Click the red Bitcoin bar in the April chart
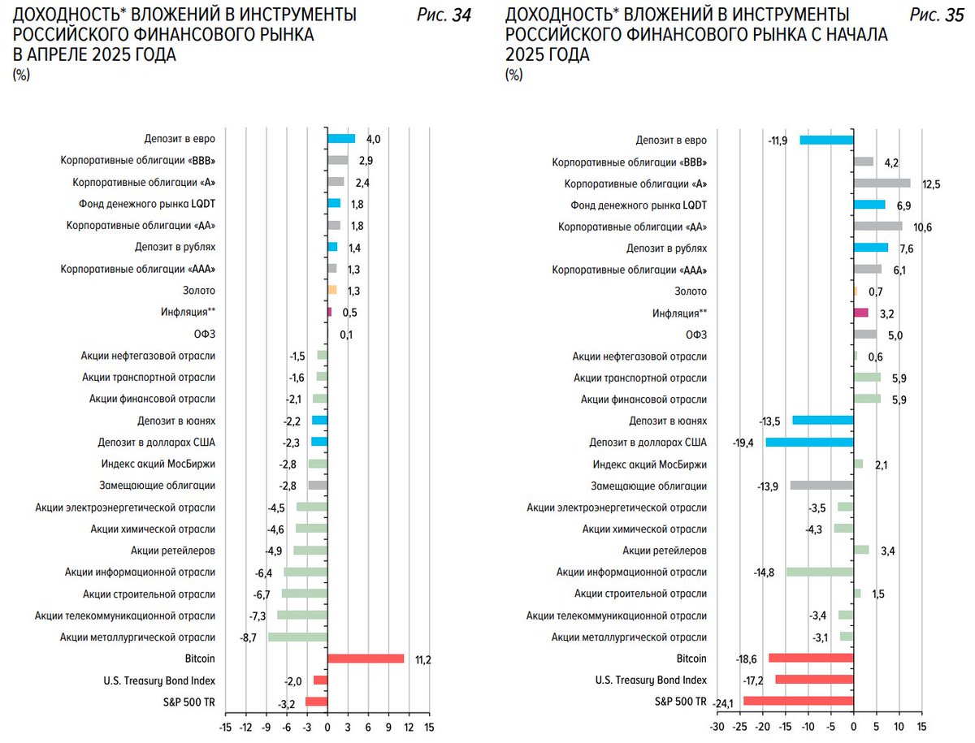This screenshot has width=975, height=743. coord(365,659)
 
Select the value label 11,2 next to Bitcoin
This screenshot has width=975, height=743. coord(422,659)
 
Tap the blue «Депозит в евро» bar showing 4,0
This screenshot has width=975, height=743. coord(341,139)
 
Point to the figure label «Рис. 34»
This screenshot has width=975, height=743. coord(444,15)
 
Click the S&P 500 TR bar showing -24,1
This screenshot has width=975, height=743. coord(798,701)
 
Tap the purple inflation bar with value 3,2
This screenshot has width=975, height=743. coord(860,313)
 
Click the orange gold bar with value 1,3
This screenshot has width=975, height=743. coord(331,290)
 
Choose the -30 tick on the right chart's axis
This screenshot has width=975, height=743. coord(717,728)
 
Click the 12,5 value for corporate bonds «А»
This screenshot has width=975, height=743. coord(931,184)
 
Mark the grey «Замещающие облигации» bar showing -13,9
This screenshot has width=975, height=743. coord(821,486)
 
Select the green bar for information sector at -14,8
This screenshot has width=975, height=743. coord(819,572)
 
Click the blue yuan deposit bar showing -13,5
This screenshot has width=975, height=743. coord(822,421)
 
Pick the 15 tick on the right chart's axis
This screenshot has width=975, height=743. coord(921,728)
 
